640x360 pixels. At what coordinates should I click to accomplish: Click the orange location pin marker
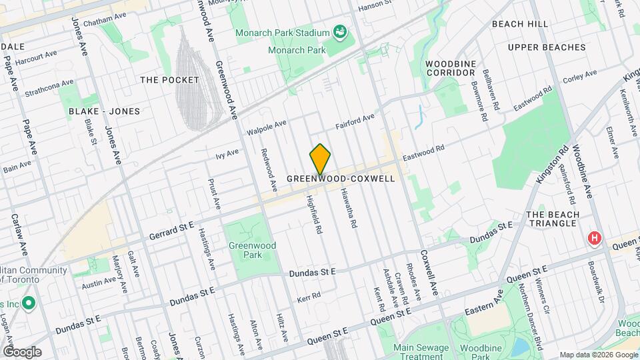pyautogui.click(x=320, y=159)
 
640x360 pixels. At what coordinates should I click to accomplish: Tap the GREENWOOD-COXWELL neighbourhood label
pyautogui.click(x=340, y=179)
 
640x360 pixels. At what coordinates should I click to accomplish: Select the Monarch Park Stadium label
pyautogui.click(x=283, y=33)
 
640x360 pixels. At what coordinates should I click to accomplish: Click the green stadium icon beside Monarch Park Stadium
pyautogui.click(x=339, y=32)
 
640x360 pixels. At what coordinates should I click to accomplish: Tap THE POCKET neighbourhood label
pyautogui.click(x=169, y=80)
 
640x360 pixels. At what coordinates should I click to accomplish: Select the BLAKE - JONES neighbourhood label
pyautogui.click(x=98, y=112)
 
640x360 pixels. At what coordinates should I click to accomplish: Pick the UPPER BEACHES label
pyautogui.click(x=546, y=47)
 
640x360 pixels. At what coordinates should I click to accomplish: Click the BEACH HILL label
pyautogui.click(x=520, y=24)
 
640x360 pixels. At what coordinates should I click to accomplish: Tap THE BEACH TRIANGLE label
pyautogui.click(x=551, y=219)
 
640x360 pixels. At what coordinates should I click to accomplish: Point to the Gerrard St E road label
pyautogui.click(x=171, y=227)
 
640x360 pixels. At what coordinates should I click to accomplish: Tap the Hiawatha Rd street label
pyautogui.click(x=348, y=207)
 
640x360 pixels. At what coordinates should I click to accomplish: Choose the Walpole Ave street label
pyautogui.click(x=266, y=127)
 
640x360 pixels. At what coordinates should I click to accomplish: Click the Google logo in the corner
pyautogui.click(x=22, y=352)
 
